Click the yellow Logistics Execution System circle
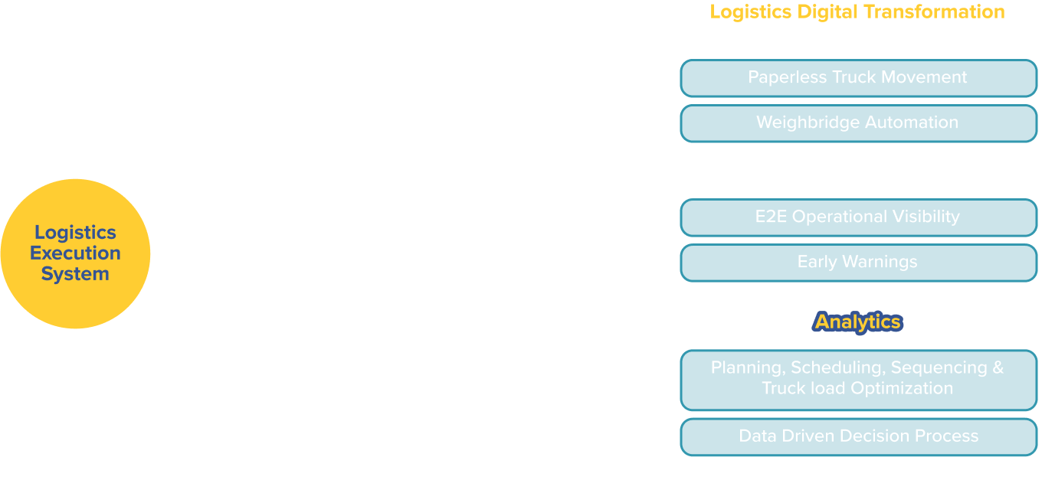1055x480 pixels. [x=75, y=253]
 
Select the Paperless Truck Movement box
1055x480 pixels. [x=858, y=78]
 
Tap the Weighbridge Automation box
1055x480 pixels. [x=858, y=123]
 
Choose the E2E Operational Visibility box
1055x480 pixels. [x=858, y=217]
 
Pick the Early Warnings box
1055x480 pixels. [x=858, y=263]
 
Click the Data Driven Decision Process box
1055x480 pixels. [x=858, y=437]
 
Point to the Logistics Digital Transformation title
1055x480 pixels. [x=857, y=12]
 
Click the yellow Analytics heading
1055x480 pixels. [x=857, y=322]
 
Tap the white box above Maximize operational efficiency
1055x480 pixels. [x=396, y=105]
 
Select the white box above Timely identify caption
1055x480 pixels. [x=396, y=248]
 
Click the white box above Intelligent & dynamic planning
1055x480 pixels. [x=396, y=391]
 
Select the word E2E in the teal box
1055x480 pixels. [x=771, y=217]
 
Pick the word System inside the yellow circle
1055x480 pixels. [x=75, y=274]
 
